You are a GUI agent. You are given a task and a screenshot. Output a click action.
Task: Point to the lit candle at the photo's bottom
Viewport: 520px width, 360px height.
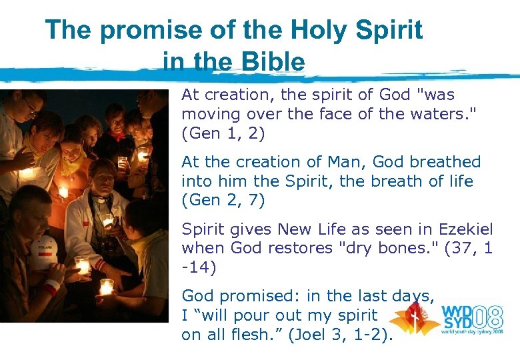105,287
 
